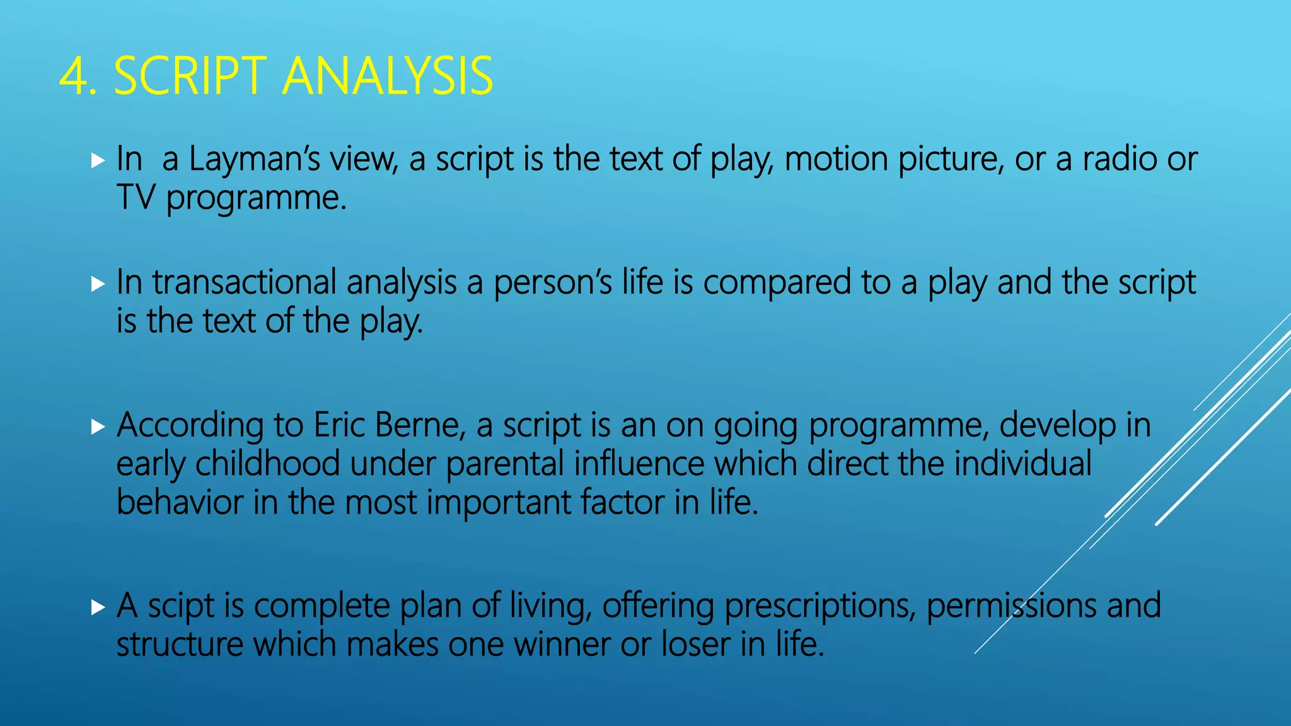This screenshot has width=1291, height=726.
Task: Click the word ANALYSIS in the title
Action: point(388,76)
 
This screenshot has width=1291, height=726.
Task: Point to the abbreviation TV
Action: point(136,198)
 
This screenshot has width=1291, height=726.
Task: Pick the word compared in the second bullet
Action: point(777,283)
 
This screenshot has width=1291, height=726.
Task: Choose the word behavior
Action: point(180,502)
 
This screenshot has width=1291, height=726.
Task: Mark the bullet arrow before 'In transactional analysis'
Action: point(98,284)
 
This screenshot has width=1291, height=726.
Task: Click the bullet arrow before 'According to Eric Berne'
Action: point(98,427)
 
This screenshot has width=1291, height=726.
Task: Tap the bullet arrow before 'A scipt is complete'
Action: point(98,608)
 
